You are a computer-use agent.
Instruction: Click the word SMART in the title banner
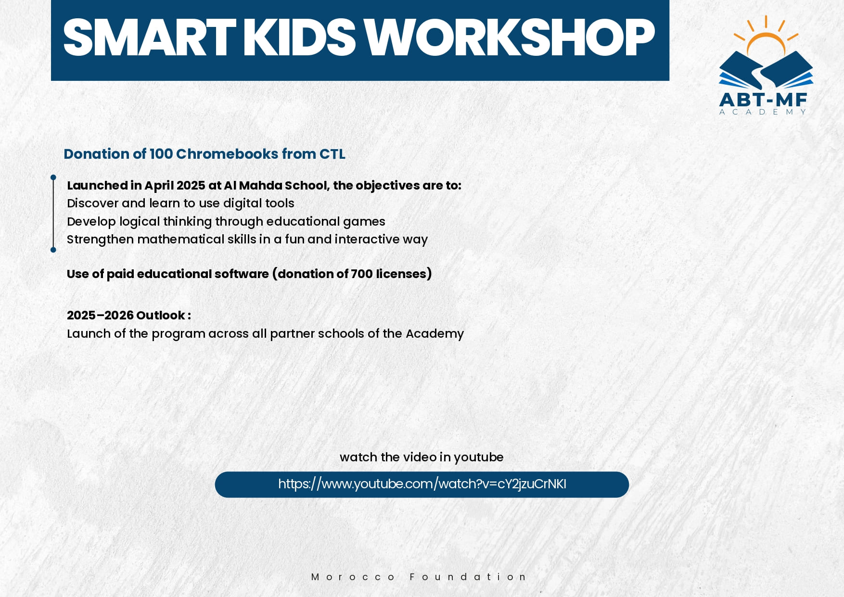point(150,38)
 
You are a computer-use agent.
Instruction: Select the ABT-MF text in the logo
point(763,100)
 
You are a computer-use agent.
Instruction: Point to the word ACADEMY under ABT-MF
point(763,112)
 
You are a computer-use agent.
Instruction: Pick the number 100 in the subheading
point(161,154)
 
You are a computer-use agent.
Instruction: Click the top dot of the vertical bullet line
point(53,178)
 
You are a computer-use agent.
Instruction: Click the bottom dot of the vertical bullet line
point(53,250)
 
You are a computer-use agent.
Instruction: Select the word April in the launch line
point(159,186)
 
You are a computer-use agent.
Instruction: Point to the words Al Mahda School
point(275,185)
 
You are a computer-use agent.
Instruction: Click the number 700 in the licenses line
point(362,274)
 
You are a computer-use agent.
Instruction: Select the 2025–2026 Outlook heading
point(129,315)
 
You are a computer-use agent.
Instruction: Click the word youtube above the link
point(478,457)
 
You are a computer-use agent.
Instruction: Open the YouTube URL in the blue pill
point(422,484)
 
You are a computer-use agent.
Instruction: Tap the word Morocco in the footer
point(353,577)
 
